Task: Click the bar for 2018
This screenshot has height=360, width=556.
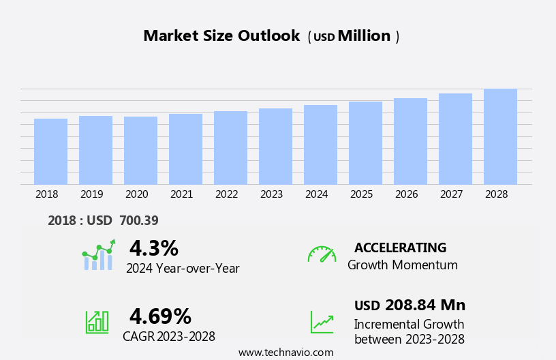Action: coord(50,151)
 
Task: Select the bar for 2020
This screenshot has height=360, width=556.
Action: coord(140,151)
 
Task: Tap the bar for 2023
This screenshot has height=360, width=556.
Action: coord(275,147)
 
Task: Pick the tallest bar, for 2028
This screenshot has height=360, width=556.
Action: coord(500,136)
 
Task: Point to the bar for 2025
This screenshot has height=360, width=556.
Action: coord(365,143)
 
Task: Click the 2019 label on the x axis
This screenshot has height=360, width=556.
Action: coord(92,194)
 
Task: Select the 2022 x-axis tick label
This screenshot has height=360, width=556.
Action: coord(226,194)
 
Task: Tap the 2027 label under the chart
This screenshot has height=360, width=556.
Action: coord(451,194)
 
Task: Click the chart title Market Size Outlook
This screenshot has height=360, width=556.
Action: coord(221,36)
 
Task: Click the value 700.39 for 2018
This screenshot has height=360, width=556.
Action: coord(138,220)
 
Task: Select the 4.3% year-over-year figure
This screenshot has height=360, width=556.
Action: coord(153,248)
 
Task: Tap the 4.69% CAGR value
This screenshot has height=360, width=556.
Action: coord(160,316)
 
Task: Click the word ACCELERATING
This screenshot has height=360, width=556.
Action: coord(400,247)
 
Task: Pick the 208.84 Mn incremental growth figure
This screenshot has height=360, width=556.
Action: coord(425,305)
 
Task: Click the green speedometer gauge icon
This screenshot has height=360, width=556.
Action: coord(322,254)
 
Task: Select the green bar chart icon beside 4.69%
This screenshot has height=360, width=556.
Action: coord(97,321)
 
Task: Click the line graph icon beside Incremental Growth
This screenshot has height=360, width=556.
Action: coord(322,322)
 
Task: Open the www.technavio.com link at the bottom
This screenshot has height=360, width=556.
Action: coord(285,352)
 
